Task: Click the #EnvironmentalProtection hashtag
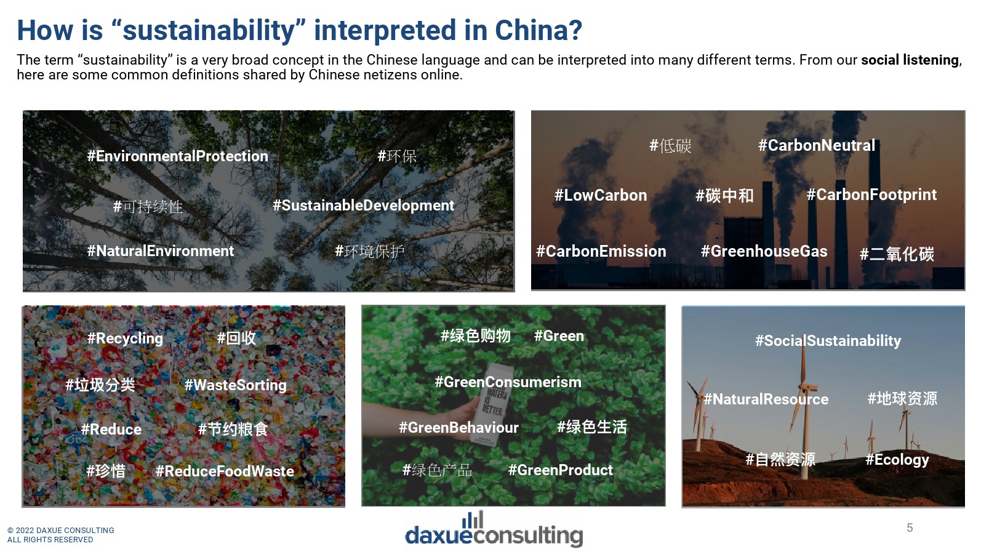point(177,156)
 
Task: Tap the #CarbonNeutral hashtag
point(816,145)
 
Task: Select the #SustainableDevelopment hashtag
point(363,205)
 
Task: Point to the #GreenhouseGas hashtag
point(764,251)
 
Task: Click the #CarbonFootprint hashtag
point(871,195)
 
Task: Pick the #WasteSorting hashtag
point(235,385)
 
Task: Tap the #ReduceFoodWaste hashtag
point(225,471)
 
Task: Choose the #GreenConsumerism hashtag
point(508,382)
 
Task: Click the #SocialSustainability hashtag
point(828,341)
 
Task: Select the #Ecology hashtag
point(897,460)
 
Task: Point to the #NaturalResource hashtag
point(766,399)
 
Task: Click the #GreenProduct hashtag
point(560,470)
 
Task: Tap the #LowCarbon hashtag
point(601,195)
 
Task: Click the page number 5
point(910,528)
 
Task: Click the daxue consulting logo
point(494,529)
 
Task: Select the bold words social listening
point(910,60)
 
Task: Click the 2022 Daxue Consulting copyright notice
point(60,535)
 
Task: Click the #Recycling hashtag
point(125,339)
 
